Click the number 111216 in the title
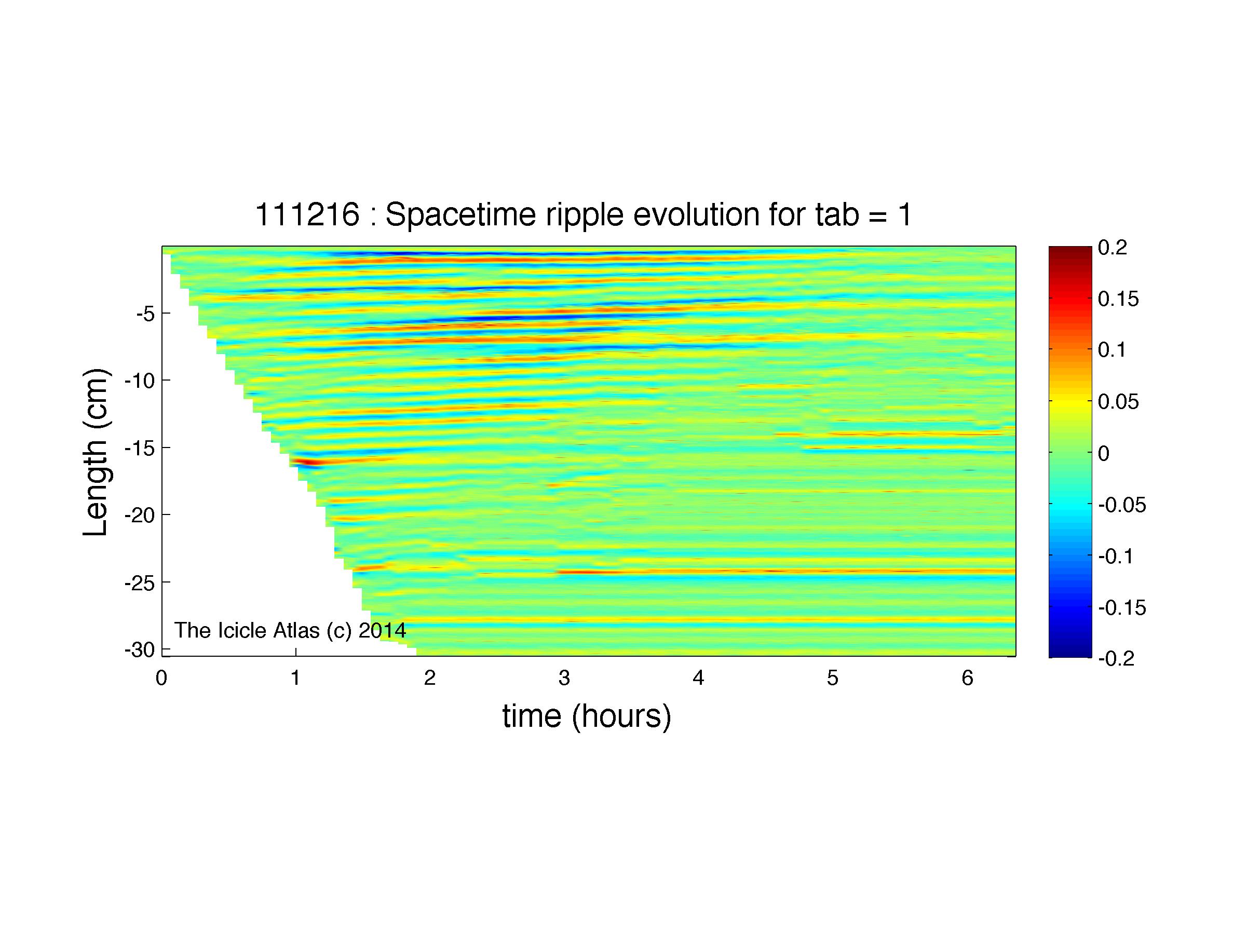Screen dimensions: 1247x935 307,215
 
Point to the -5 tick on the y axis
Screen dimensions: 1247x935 145,314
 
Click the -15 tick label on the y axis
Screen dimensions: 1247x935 140,448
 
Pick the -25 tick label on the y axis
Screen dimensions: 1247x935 140,582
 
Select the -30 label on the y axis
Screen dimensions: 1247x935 140,650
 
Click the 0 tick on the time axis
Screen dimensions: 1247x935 162,678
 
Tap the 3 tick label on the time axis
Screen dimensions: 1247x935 564,678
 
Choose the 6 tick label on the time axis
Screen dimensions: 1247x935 967,678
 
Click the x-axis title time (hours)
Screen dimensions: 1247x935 587,717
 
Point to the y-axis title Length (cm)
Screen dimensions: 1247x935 96,452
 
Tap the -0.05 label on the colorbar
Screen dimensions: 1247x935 1122,505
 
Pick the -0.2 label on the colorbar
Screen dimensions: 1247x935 1117,659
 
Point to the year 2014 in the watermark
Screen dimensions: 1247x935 382,630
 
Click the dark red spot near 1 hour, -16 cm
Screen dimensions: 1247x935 304,463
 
